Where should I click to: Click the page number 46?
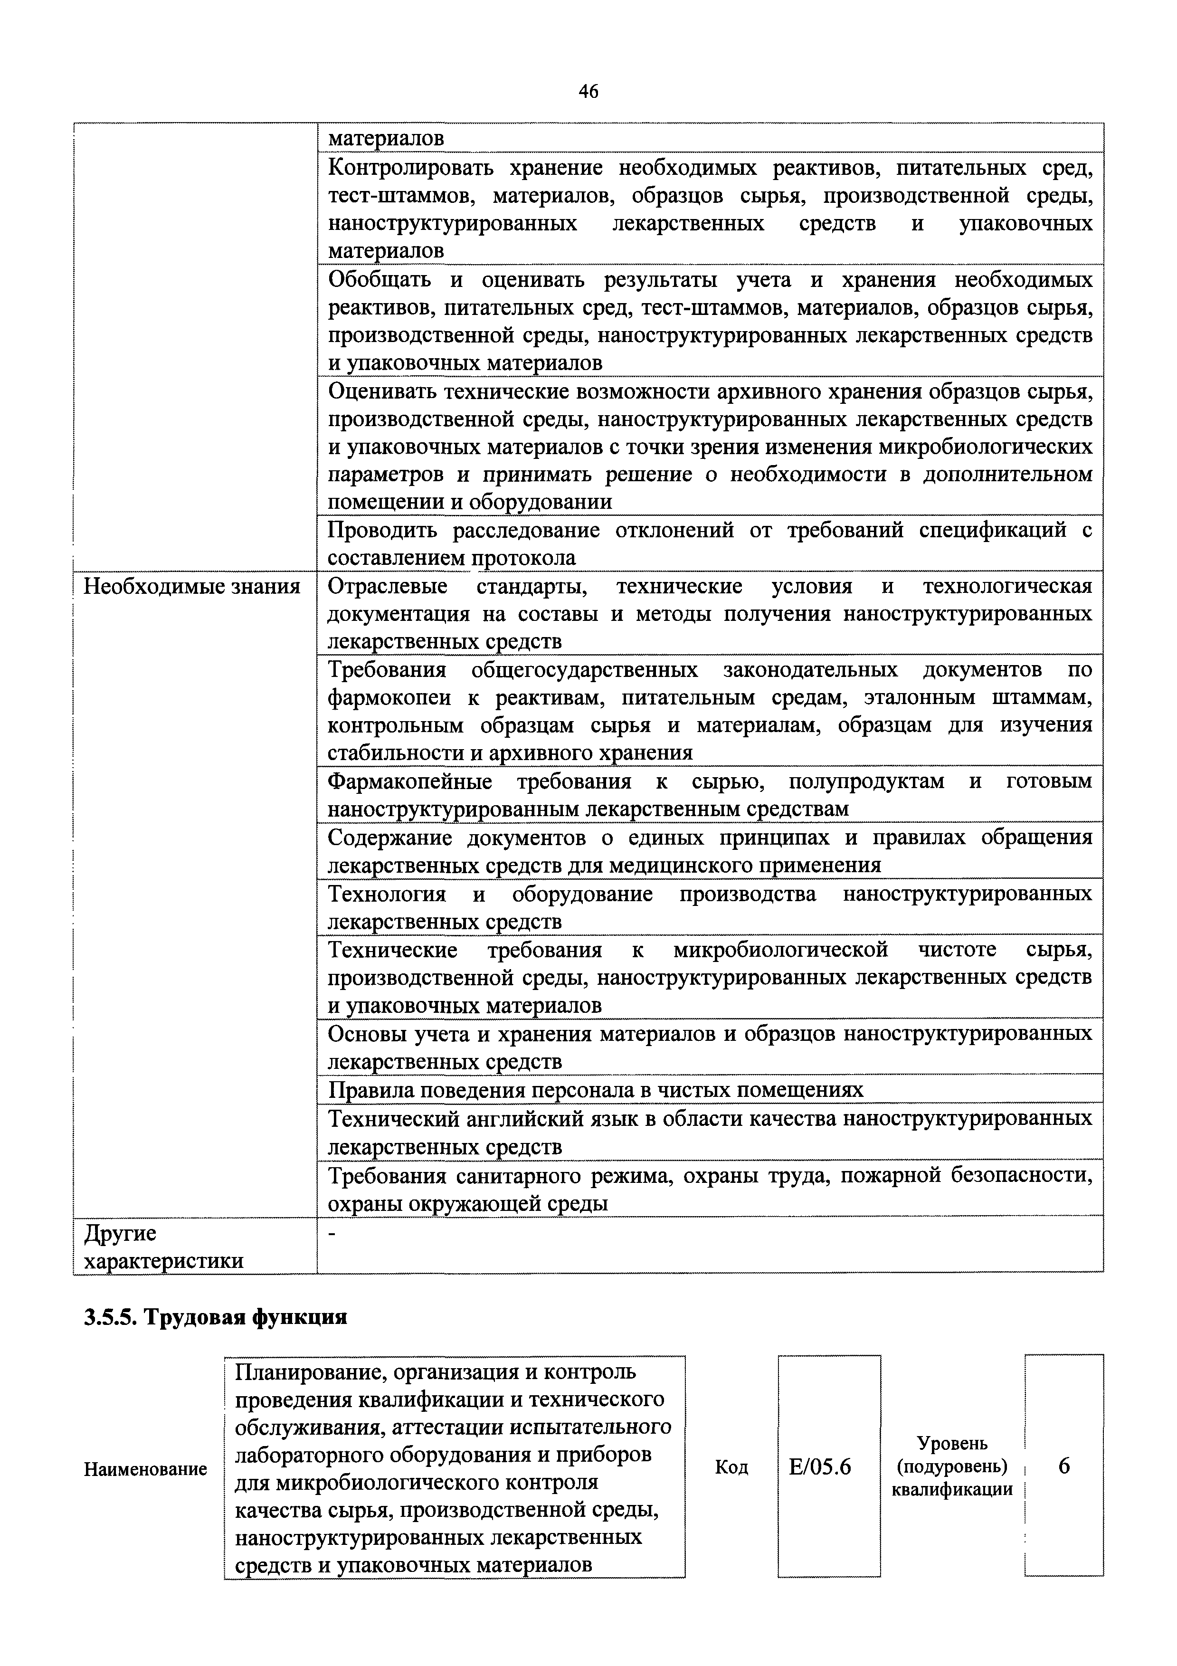click(588, 91)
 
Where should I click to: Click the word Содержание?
click(389, 838)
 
